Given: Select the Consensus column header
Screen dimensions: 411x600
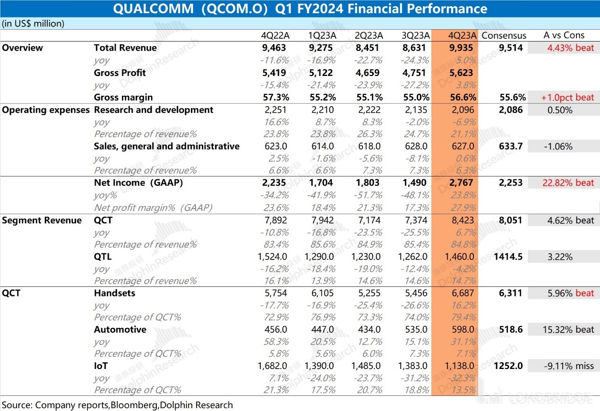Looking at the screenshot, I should pyautogui.click(x=504, y=35).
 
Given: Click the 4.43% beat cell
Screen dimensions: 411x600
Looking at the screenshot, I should pyautogui.click(x=564, y=48).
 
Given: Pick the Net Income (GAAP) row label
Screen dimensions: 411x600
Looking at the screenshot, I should pyautogui.click(x=138, y=183).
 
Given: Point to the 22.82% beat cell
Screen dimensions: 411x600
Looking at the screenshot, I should pyautogui.click(x=564, y=183).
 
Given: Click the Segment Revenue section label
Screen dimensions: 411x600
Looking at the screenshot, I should pyautogui.click(x=42, y=220).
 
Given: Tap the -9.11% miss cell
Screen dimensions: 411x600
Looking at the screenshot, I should pyautogui.click(x=564, y=366).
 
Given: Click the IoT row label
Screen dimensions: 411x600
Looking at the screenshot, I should pyautogui.click(x=101, y=366).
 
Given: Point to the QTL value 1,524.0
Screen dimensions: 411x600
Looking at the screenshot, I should pyautogui.click(x=273, y=257).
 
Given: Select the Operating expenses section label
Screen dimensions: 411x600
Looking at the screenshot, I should pyautogui.click(x=46, y=110).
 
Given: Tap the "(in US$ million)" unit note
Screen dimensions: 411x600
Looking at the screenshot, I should pyautogui.click(x=33, y=23).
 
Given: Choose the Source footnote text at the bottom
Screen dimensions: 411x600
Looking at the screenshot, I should pyautogui.click(x=117, y=404).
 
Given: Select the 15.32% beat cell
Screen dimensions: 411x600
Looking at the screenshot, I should pyautogui.click(x=564, y=329).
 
